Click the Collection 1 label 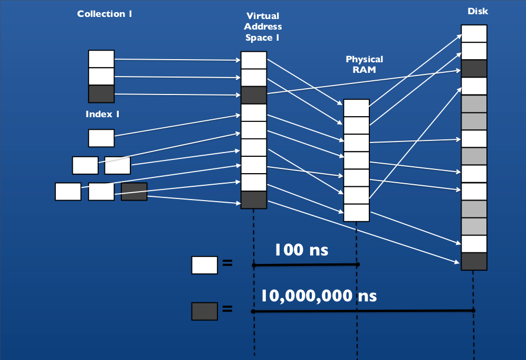[x=104, y=14]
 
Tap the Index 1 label [x=106, y=114]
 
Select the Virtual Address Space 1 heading [x=263, y=26]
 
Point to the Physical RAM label [x=364, y=64]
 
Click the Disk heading [x=477, y=11]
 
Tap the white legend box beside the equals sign [x=204, y=265]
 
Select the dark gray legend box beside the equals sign [x=204, y=311]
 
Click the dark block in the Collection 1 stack [x=101, y=93]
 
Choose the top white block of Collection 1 [x=101, y=59]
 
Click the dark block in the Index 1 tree [x=134, y=192]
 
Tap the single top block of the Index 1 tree [x=101, y=138]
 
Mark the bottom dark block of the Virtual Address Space [x=254, y=200]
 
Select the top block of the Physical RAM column [x=357, y=108]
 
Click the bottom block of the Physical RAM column [x=357, y=213]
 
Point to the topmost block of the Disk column [x=474, y=33]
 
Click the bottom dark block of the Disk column [x=474, y=261]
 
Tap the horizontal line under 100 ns [x=306, y=264]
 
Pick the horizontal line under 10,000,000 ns [x=363, y=311]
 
